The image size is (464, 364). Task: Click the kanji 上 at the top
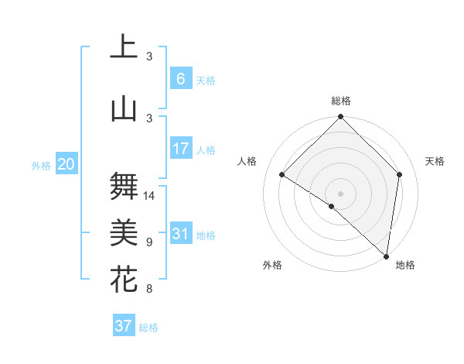click(125, 48)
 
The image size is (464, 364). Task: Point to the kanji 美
click(125, 232)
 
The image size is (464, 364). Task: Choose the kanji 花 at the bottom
click(125, 279)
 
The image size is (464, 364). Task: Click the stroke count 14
click(150, 196)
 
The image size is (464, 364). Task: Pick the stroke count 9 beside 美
click(149, 242)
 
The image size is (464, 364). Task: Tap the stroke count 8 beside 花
click(149, 289)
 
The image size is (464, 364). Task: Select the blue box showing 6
click(180, 78)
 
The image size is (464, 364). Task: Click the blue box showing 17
click(180, 149)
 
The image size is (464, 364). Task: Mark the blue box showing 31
click(180, 234)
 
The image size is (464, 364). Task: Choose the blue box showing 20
click(66, 163)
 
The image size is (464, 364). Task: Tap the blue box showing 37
click(124, 326)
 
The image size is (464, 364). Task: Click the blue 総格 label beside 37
click(148, 328)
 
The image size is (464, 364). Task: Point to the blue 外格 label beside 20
click(41, 165)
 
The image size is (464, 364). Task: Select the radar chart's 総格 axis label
click(340, 101)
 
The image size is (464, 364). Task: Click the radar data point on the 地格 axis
click(386, 256)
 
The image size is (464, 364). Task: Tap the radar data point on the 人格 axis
click(282, 175)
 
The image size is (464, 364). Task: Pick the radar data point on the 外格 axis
click(332, 206)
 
